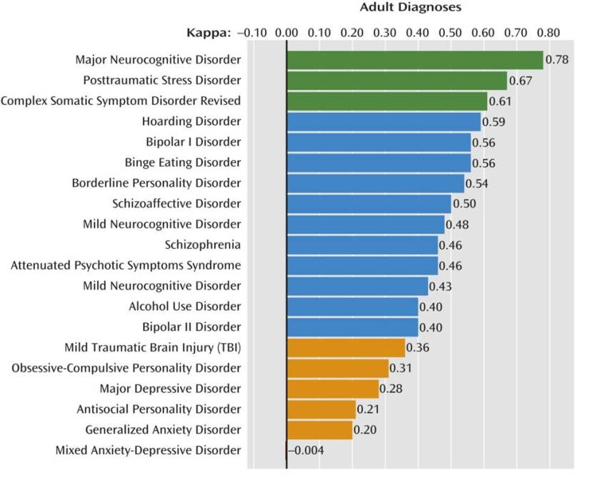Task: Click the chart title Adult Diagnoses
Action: pyautogui.click(x=410, y=8)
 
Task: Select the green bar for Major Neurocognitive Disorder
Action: pyautogui.click(x=414, y=59)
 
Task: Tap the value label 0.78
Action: pyautogui.click(x=557, y=59)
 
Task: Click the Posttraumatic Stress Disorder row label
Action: pyautogui.click(x=162, y=80)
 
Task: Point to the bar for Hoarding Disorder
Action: pyautogui.click(x=384, y=121)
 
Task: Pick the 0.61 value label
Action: pyautogui.click(x=500, y=101)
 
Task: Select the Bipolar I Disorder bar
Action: pyautogui.click(x=379, y=142)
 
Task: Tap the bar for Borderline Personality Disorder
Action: pyautogui.click(x=375, y=183)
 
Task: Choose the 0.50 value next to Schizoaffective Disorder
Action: pyautogui.click(x=464, y=204)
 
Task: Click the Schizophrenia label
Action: pyautogui.click(x=203, y=245)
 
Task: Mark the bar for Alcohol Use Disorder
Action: pyautogui.click(x=352, y=307)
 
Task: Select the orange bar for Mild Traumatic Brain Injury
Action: pyautogui.click(x=346, y=348)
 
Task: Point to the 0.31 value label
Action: pyautogui.click(x=401, y=369)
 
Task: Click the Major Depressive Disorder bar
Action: pyautogui.click(x=333, y=389)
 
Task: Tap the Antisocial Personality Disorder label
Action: pyautogui.click(x=159, y=410)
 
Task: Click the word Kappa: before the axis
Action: pyautogui.click(x=209, y=33)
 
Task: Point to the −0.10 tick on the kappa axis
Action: pyautogui.click(x=251, y=33)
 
